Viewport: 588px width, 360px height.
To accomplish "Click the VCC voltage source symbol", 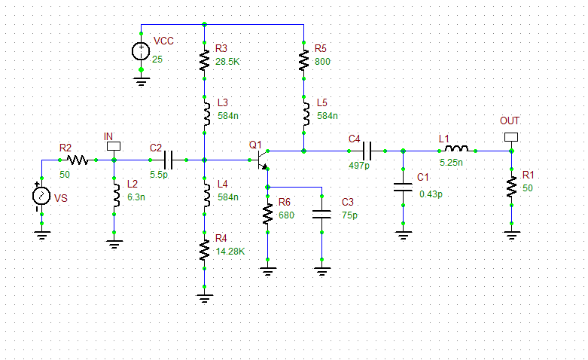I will [x=141, y=51].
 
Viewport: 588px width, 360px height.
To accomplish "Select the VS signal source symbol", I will [x=41, y=196].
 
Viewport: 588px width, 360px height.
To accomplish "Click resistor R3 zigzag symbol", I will [x=204, y=60].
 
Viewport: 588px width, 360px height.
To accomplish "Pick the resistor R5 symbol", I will [x=303, y=60].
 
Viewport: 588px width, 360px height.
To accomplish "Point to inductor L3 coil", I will [x=204, y=114].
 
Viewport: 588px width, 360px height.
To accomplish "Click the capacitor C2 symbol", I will [x=168, y=160].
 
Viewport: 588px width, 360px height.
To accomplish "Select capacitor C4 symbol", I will [x=367, y=151].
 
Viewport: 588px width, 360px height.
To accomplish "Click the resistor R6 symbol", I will [x=267, y=214].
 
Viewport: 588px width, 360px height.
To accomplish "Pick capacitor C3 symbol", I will [x=321, y=214].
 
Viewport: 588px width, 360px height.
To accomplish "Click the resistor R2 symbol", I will [x=78, y=160].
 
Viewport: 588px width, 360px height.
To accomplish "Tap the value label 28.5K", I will [x=227, y=60].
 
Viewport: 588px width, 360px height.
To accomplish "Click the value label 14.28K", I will [x=230, y=251].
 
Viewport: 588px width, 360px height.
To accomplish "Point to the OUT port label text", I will [x=510, y=121].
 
